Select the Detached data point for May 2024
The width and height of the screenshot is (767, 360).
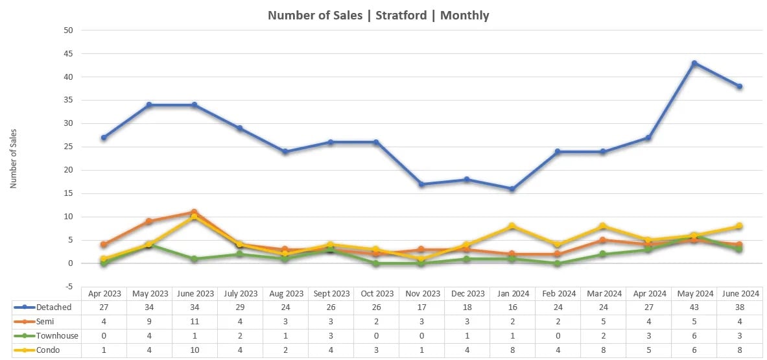pos(694,63)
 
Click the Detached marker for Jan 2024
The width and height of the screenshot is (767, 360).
pos(512,189)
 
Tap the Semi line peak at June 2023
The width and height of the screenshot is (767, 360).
pos(194,212)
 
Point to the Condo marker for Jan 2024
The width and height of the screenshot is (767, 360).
pos(512,226)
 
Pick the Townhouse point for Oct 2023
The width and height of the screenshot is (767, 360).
pos(376,263)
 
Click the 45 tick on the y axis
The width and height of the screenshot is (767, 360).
pos(68,53)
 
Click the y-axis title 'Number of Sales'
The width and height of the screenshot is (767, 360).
pos(13,159)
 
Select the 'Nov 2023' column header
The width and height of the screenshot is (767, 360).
pos(421,293)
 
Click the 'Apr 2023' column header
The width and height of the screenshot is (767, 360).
pos(104,293)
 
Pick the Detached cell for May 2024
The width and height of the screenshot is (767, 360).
pos(694,307)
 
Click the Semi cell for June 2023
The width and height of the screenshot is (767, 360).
pos(195,321)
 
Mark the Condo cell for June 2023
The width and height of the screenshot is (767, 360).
pos(195,350)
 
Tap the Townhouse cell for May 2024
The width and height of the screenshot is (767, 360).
pos(694,335)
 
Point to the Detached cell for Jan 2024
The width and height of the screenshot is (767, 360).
pos(512,307)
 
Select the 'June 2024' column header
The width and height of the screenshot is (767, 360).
pos(739,293)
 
